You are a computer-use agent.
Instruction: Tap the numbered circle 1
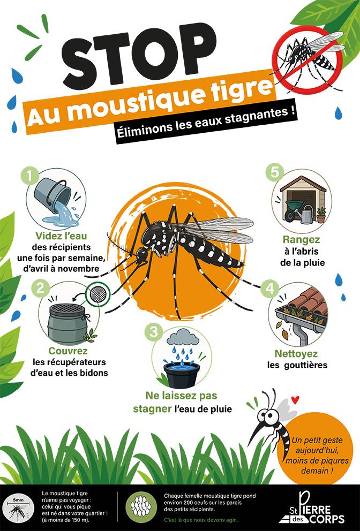[30, 176]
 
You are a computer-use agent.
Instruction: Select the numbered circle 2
[40, 289]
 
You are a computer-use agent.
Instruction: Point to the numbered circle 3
[154, 332]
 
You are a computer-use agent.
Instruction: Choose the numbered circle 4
[269, 289]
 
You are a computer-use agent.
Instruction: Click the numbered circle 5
[275, 172]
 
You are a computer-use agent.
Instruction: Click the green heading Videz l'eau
[62, 236]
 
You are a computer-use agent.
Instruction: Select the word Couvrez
[68, 351]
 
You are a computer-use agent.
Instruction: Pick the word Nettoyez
[296, 354]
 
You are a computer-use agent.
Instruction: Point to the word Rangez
[302, 240]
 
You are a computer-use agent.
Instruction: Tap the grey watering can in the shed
[306, 214]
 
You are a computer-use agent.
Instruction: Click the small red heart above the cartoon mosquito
[295, 400]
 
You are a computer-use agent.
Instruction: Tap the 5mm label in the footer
[17, 500]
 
